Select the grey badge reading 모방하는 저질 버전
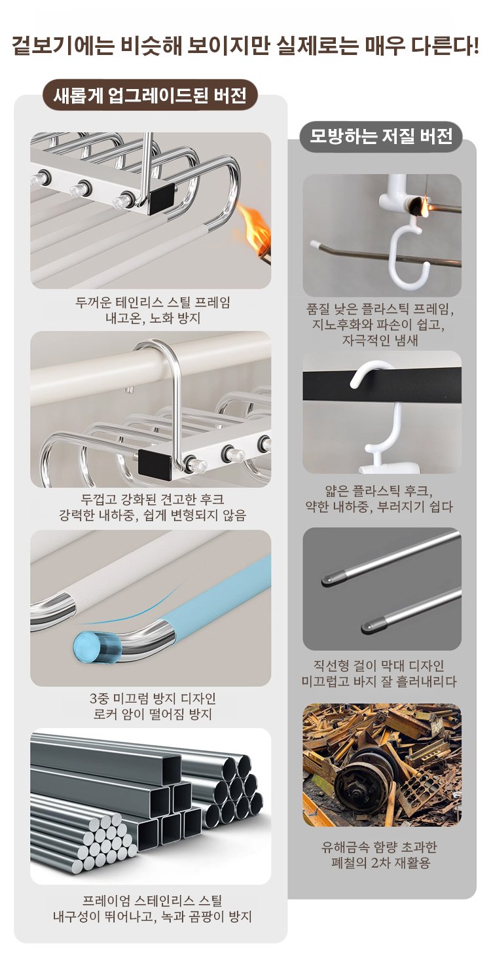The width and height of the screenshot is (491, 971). tap(381, 137)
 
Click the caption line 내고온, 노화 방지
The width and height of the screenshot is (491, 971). tap(153, 319)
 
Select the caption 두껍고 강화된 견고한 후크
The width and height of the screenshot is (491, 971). tap(153, 500)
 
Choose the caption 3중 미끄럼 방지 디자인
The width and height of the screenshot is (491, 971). tap(153, 699)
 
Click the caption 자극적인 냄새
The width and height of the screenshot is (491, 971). tap(380, 340)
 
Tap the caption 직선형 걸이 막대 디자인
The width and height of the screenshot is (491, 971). tap(379, 665)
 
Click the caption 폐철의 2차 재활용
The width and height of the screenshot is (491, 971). tap(380, 862)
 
